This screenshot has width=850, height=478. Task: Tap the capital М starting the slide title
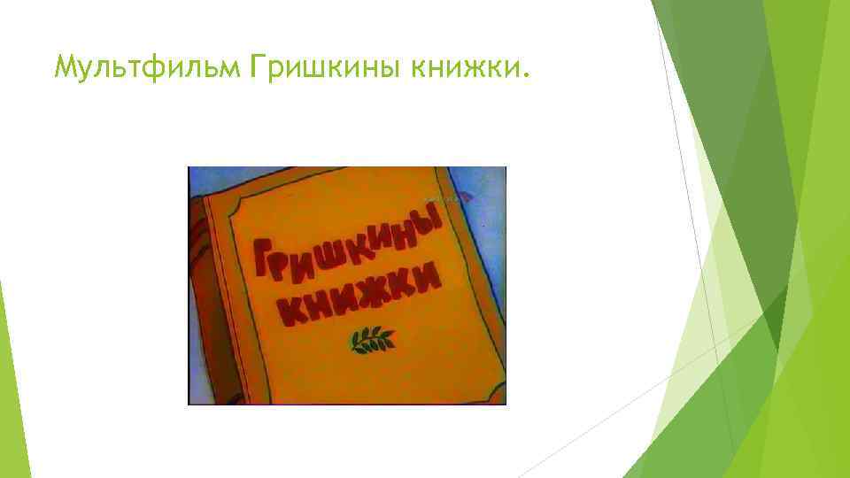point(65,66)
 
